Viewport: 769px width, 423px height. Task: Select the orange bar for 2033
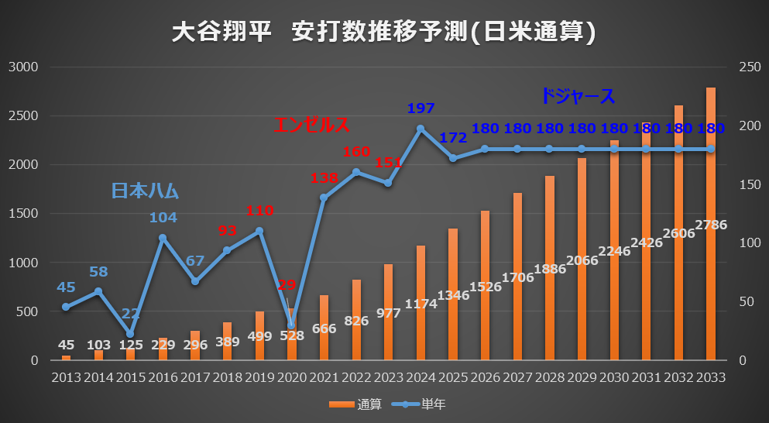tap(710, 225)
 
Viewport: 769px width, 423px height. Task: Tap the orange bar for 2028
tap(550, 267)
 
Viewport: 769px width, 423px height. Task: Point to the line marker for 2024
tap(421, 129)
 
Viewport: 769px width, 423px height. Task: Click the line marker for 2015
tap(130, 334)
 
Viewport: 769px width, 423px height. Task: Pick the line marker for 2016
tap(163, 238)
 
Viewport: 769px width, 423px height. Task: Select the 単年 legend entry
tap(422, 404)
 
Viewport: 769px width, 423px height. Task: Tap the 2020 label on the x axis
tap(291, 377)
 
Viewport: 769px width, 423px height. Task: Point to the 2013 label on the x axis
tap(66, 377)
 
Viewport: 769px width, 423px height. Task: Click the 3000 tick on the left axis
tap(23, 67)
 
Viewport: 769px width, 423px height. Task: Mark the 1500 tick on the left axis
tap(23, 214)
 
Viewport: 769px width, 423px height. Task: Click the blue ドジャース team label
tap(578, 97)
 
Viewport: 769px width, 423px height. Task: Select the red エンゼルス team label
tap(311, 125)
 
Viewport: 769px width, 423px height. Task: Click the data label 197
tap(421, 108)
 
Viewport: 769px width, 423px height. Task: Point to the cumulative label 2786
tap(710, 225)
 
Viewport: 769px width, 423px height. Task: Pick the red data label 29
tap(287, 285)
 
